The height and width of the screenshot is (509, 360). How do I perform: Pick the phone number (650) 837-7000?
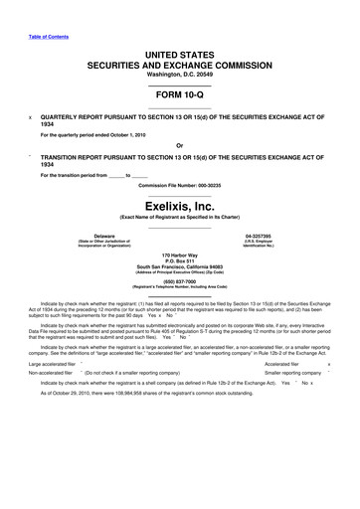(x=179, y=308)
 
